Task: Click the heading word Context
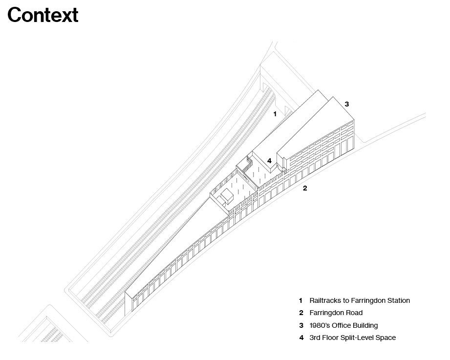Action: [43, 15]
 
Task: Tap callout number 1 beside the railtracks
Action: [275, 114]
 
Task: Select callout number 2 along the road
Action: [305, 188]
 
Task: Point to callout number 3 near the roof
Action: [347, 104]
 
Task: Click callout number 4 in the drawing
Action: [269, 161]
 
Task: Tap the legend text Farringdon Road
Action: [336, 313]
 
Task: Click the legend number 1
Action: [301, 300]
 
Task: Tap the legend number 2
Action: [301, 313]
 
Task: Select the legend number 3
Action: [301, 325]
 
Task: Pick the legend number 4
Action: [301, 338]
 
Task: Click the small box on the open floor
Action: [228, 196]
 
